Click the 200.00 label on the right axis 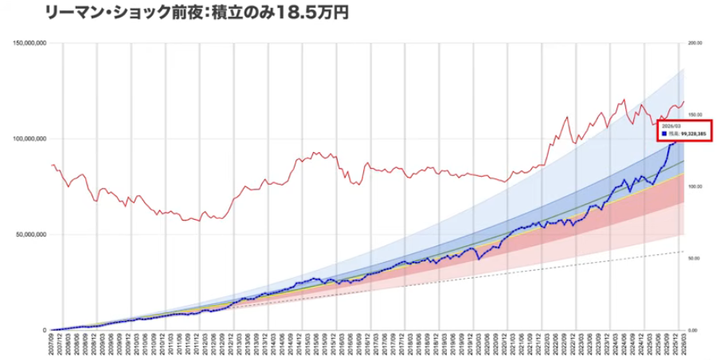tap(695, 43)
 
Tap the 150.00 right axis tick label tap(695, 115)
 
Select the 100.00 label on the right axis tap(695, 186)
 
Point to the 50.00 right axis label tap(695, 258)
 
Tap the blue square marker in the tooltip tap(663, 135)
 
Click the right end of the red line tap(683, 101)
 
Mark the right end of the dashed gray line tap(683, 252)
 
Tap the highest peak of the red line tap(624, 100)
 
